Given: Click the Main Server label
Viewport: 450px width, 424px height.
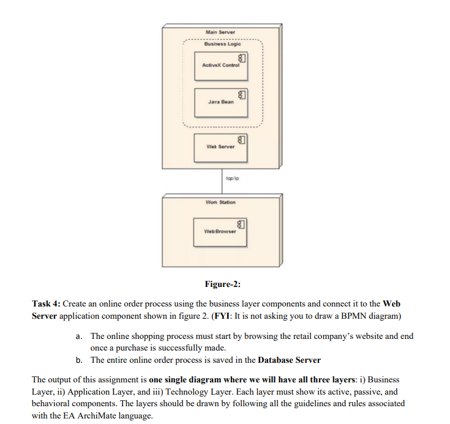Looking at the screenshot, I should coord(220,32).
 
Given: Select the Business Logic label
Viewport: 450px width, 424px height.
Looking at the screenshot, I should coord(220,45).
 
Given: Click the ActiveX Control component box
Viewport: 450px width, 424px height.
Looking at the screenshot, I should coord(220,65).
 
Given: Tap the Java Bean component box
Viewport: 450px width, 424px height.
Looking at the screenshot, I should coord(220,102).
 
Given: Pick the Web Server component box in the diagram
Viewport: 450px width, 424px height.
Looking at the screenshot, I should coord(220,146).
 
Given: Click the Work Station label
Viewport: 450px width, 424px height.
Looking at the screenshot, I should coord(220,203).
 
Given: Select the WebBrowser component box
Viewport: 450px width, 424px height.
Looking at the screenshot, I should coord(220,232).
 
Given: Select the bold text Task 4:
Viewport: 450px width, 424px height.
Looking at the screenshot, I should coord(49,303).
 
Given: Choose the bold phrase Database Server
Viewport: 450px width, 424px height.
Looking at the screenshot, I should coord(290,360).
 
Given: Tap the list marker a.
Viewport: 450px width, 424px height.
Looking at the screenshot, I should coord(79,337).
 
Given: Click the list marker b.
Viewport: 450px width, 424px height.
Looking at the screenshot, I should coord(79,360).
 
